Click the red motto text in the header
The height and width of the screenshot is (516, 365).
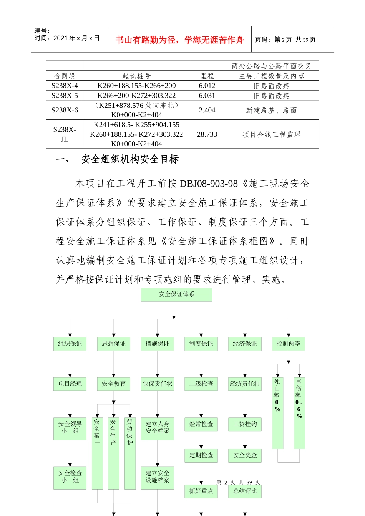[x=179, y=40]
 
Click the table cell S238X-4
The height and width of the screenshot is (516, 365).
[x=65, y=86]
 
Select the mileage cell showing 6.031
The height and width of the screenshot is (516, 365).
[x=207, y=96]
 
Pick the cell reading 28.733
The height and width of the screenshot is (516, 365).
[x=207, y=134]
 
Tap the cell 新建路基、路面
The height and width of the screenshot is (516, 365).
[x=271, y=111]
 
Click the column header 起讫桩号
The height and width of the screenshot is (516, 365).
[x=136, y=76]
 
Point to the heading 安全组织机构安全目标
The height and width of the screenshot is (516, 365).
[x=130, y=159]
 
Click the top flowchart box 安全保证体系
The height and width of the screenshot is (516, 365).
[x=176, y=294]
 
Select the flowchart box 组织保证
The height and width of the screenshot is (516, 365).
[x=70, y=344]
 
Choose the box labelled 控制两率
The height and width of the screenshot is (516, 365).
[x=289, y=344]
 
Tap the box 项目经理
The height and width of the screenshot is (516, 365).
[x=70, y=384]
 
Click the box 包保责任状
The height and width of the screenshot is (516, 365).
[x=158, y=384]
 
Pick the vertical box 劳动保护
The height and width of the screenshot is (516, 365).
[x=130, y=453]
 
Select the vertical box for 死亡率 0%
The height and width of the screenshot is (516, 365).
[x=277, y=413]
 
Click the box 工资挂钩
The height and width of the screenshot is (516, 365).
[x=245, y=424]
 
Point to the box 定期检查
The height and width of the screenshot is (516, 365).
[x=201, y=455]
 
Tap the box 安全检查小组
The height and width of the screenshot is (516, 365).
[x=70, y=478]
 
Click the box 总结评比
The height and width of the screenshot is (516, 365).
[x=245, y=491]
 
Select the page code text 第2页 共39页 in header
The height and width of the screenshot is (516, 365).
[x=285, y=40]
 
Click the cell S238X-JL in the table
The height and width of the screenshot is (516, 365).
[x=65, y=134]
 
